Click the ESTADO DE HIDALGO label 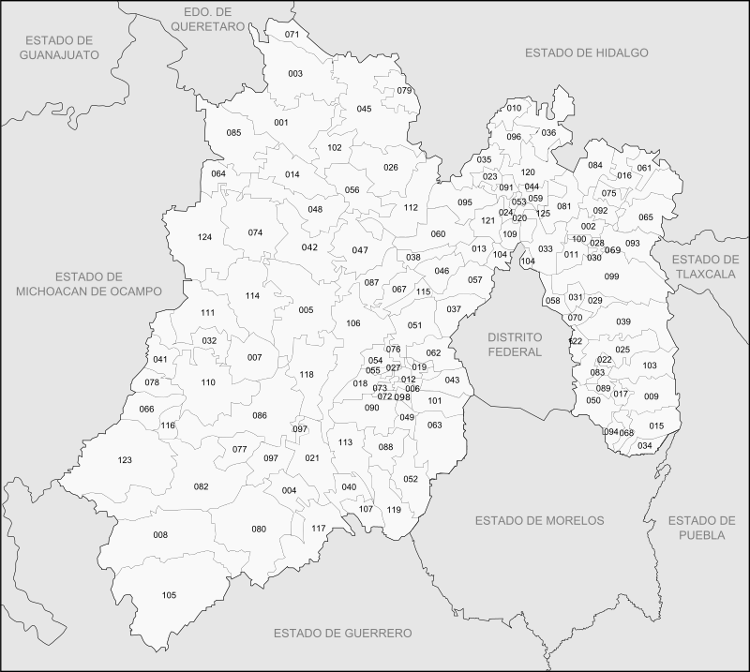pyautogui.click(x=586, y=52)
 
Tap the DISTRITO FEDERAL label pyautogui.click(x=515, y=344)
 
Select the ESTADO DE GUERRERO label pyautogui.click(x=342, y=634)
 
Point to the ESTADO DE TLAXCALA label pyautogui.click(x=705, y=266)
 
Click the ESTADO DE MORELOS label pyautogui.click(x=539, y=520)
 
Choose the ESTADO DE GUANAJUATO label pyautogui.click(x=60, y=48)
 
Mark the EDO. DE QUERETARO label pyautogui.click(x=207, y=19)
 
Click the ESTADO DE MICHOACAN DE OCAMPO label pyautogui.click(x=90, y=284)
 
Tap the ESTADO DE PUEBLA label pyautogui.click(x=703, y=528)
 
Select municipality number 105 pyautogui.click(x=169, y=596)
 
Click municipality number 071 pyautogui.click(x=292, y=35)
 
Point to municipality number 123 pyautogui.click(x=125, y=460)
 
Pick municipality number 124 pyautogui.click(x=205, y=237)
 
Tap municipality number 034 pyautogui.click(x=644, y=445)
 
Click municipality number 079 pyautogui.click(x=404, y=91)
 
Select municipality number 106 pyautogui.click(x=352, y=323)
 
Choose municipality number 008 pyautogui.click(x=160, y=535)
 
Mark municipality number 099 pyautogui.click(x=612, y=276)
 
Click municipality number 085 pyautogui.click(x=233, y=133)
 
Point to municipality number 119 pyautogui.click(x=394, y=510)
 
